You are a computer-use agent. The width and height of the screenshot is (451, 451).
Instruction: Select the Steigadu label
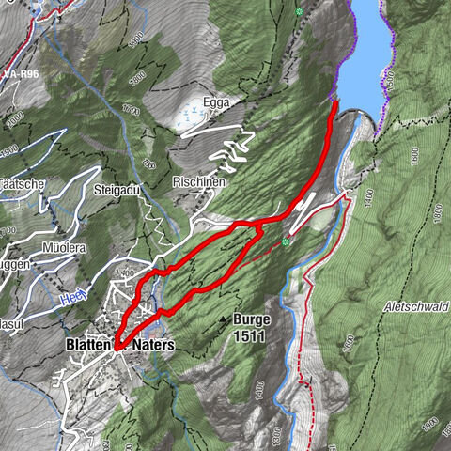pos(117,190)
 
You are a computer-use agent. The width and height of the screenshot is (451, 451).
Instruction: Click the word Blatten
pos(89,345)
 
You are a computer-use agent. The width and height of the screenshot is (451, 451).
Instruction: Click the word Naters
pos(153,345)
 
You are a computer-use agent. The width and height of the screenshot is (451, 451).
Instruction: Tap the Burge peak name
pos(252,319)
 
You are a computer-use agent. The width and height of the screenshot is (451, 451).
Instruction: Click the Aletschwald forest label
pos(417,307)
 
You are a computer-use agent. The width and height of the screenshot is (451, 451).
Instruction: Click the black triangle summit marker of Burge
pos(224,320)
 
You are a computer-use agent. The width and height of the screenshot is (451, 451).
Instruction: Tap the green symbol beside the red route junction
pos(285,242)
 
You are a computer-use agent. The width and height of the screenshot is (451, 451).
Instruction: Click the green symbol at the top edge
pos(299,11)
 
